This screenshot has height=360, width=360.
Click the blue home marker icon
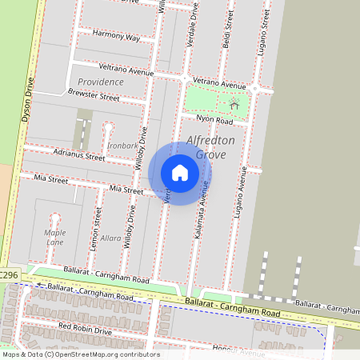(x=180, y=173)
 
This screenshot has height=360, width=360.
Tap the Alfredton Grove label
(x=211, y=147)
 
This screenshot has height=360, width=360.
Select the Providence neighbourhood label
(x=101, y=82)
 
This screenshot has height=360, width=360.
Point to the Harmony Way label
(x=116, y=37)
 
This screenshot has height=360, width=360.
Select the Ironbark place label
(x=122, y=146)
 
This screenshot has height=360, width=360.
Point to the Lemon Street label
(x=96, y=230)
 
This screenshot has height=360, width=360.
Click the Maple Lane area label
(x=54, y=238)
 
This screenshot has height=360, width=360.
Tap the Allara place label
(x=110, y=238)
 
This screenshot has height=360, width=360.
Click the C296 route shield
(x=9, y=274)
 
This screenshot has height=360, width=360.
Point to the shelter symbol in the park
(x=234, y=104)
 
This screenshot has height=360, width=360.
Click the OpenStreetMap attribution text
(x=80, y=354)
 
